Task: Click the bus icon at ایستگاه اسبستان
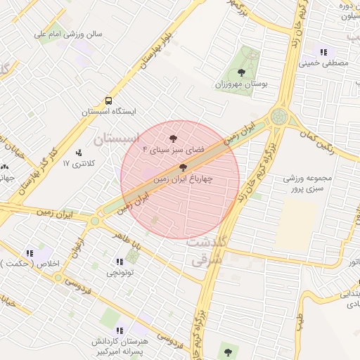point(108,101)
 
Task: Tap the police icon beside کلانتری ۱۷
point(78,152)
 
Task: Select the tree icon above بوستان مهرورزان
point(242,72)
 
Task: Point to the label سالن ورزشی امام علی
point(75,33)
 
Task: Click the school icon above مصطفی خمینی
point(323,52)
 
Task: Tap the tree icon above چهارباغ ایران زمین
point(184,167)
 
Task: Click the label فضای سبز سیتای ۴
point(174,150)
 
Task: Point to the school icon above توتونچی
point(118,262)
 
